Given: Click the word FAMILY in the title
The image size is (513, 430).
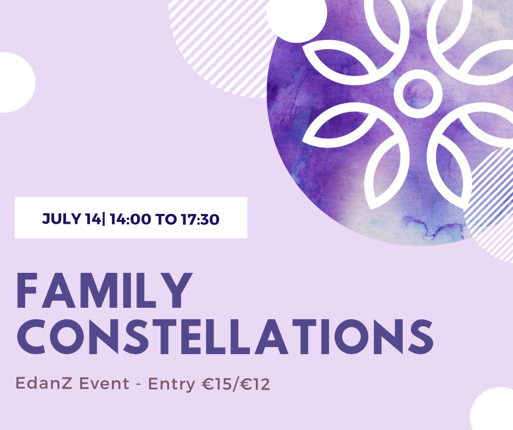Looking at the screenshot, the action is tap(103, 291).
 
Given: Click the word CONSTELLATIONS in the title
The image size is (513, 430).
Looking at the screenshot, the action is tap(225, 337).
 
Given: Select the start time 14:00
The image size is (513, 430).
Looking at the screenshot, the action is tap(130, 219).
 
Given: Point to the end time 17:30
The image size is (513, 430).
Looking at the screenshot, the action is tap(200, 219).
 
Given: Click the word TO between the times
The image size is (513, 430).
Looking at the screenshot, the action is tap(166, 219).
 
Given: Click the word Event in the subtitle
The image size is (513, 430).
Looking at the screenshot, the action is tap(104, 383).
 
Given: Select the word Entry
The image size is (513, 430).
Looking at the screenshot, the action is tap(171, 384).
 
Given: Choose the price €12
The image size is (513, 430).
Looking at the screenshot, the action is tap(255, 384).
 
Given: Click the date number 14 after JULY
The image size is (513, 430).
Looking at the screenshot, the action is tap(93, 219).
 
